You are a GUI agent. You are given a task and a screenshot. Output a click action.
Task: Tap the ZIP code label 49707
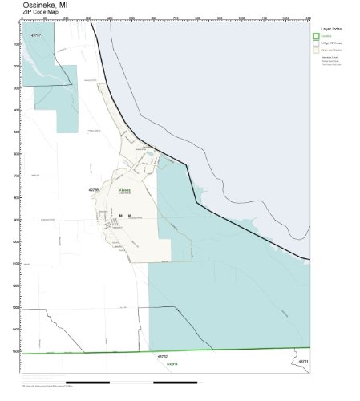point(34,36)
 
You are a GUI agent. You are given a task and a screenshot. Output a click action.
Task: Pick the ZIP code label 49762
point(163,356)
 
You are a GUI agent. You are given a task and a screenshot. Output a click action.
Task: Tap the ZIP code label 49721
point(302,362)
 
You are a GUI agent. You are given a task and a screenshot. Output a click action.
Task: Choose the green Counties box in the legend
point(316,36)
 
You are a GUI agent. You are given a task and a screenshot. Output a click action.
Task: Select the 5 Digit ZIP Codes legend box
point(316,43)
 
